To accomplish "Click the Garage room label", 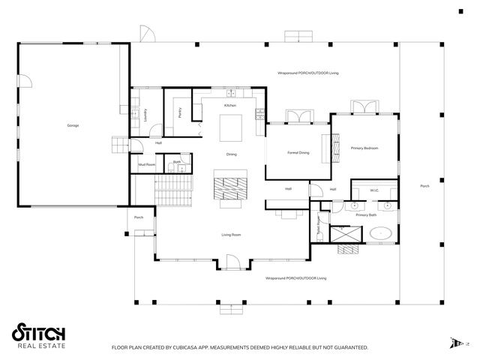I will click(x=73, y=125).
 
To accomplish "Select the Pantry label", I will click(x=180, y=112).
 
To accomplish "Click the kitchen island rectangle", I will click(x=229, y=127).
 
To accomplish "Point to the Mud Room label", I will click(x=146, y=164).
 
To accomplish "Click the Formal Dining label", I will click(x=298, y=153).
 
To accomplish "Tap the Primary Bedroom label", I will click(x=364, y=148).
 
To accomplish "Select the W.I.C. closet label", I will click(x=373, y=190).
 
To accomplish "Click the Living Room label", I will click(x=231, y=235).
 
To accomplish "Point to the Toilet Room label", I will click(x=318, y=222).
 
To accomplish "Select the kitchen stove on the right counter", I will click(x=259, y=115).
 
